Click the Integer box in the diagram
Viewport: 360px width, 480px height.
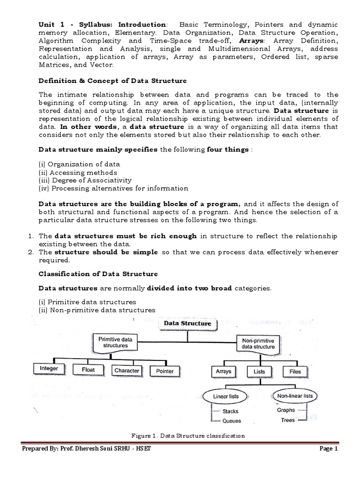click(x=49, y=369)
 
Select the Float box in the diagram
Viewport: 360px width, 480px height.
click(x=88, y=370)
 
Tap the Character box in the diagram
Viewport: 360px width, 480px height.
click(x=127, y=371)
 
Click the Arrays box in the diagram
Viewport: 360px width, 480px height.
click(x=224, y=371)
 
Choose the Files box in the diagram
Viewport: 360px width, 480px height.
click(x=295, y=371)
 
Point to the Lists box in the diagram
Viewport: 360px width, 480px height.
click(x=259, y=371)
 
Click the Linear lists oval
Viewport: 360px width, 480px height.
click(x=226, y=397)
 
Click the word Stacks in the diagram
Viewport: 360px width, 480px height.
click(x=231, y=412)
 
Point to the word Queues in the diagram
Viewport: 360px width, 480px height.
click(x=232, y=420)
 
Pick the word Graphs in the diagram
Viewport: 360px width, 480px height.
click(x=285, y=410)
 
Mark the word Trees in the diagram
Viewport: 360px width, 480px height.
click(x=288, y=420)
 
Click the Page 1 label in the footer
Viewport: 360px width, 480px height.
click(x=328, y=449)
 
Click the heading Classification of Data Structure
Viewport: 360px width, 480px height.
click(x=98, y=274)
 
